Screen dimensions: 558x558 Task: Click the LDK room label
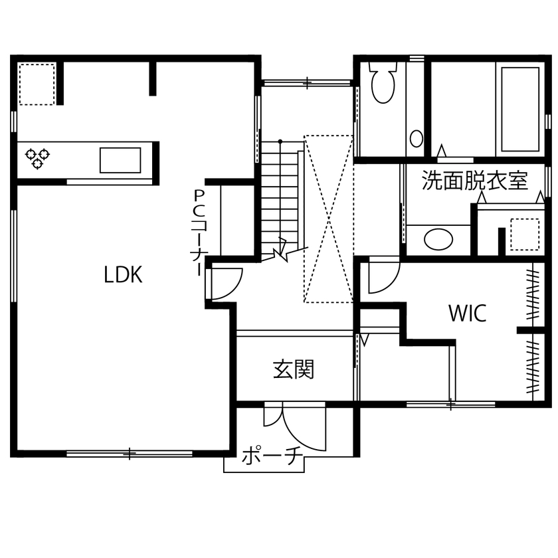(x=123, y=274)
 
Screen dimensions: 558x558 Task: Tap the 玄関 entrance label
(x=293, y=369)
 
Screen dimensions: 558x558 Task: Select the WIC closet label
(x=467, y=313)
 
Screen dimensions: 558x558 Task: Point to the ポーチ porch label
(x=272, y=458)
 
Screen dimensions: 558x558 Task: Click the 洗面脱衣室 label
(x=475, y=181)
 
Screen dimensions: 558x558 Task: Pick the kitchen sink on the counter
(x=120, y=160)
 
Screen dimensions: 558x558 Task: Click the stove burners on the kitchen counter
(x=37, y=158)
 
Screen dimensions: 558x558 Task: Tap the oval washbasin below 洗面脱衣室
(x=438, y=239)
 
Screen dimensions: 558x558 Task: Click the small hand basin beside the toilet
(x=417, y=138)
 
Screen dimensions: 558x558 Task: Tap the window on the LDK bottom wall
(x=130, y=454)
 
